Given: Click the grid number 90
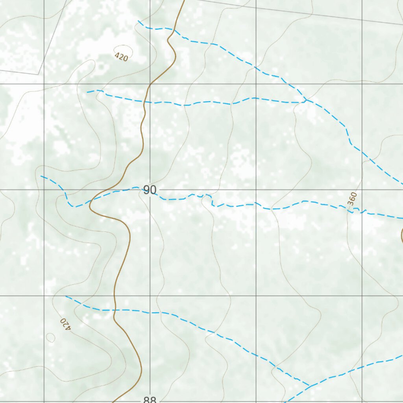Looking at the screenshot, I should point(150,190).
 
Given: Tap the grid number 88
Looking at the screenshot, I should point(150,400).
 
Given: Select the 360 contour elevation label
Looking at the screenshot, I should point(352,198).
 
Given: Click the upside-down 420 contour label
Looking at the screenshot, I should point(65,324).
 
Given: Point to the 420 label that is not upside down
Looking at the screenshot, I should point(122,57).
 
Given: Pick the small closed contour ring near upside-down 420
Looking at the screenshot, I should point(50,337).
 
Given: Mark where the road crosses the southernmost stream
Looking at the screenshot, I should point(115,310).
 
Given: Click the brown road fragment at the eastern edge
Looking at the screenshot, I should point(401,236).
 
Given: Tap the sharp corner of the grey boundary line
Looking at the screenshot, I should point(39,74).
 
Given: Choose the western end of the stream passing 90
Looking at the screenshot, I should point(41,176).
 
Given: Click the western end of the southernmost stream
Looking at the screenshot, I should point(66,296).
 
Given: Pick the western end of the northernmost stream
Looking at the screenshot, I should point(138,20).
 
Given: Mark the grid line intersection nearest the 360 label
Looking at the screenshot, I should point(362,190).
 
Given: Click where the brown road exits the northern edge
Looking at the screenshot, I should point(184,1).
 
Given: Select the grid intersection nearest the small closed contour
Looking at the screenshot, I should point(44,296).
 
